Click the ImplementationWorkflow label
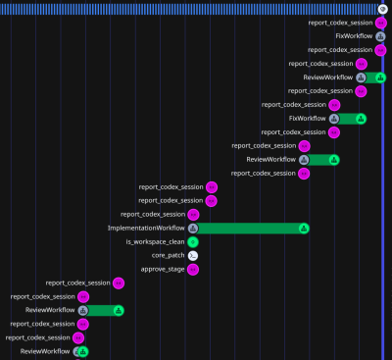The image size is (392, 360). (x=146, y=228)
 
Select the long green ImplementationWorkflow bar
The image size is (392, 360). (x=249, y=229)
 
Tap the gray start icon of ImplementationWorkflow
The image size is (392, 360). (x=193, y=229)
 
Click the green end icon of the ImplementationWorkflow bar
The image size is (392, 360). (x=304, y=229)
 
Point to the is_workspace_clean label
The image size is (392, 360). (x=155, y=242)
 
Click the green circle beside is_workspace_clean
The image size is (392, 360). (x=193, y=242)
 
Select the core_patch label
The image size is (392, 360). (x=169, y=255)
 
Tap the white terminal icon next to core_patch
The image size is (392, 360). (x=193, y=256)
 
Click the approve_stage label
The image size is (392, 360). (x=163, y=269)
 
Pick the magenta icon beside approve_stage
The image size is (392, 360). (x=193, y=270)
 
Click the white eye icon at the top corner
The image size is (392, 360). (x=383, y=9)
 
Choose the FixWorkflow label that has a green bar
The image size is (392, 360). (x=308, y=119)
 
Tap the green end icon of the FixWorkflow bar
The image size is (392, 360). (x=361, y=119)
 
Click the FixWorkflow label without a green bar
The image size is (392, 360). (x=354, y=36)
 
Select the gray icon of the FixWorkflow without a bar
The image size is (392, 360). (x=380, y=36)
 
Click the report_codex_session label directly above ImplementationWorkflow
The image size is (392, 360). (x=153, y=214)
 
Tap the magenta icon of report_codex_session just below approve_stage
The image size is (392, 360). (x=119, y=283)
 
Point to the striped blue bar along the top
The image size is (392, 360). (x=189, y=9)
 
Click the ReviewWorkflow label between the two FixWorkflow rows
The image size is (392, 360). (x=328, y=77)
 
